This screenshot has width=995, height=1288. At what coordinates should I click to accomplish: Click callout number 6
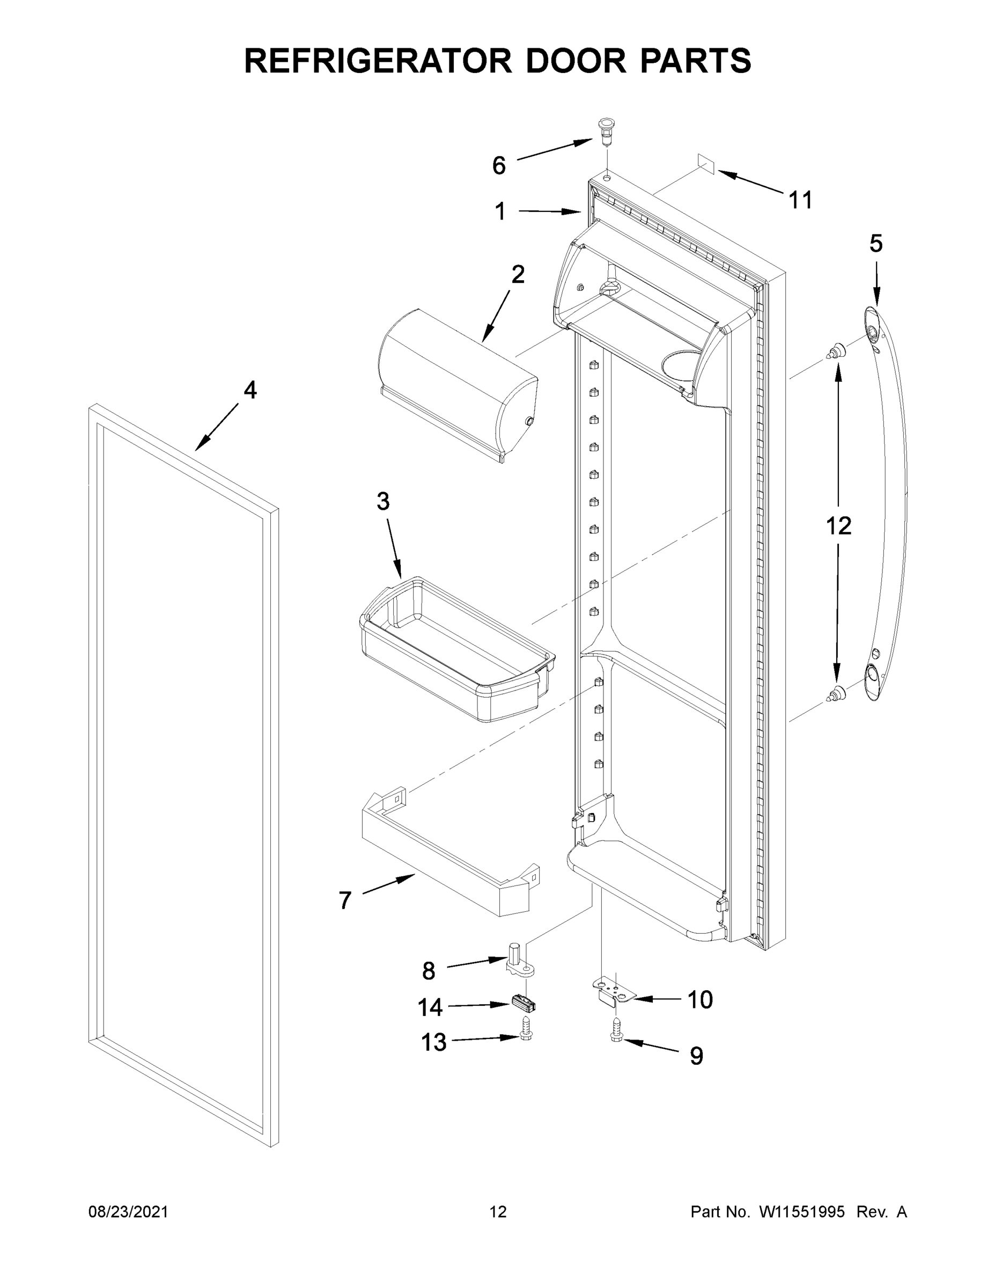499,166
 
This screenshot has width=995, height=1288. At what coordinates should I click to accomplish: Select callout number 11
800,201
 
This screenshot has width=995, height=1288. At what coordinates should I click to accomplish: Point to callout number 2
518,274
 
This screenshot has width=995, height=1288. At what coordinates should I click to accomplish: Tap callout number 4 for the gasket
250,390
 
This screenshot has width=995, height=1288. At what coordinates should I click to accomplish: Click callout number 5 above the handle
876,244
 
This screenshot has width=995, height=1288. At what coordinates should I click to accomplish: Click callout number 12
838,525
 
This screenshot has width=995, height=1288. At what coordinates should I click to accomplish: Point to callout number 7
345,901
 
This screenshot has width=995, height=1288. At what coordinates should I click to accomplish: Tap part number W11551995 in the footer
802,1211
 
